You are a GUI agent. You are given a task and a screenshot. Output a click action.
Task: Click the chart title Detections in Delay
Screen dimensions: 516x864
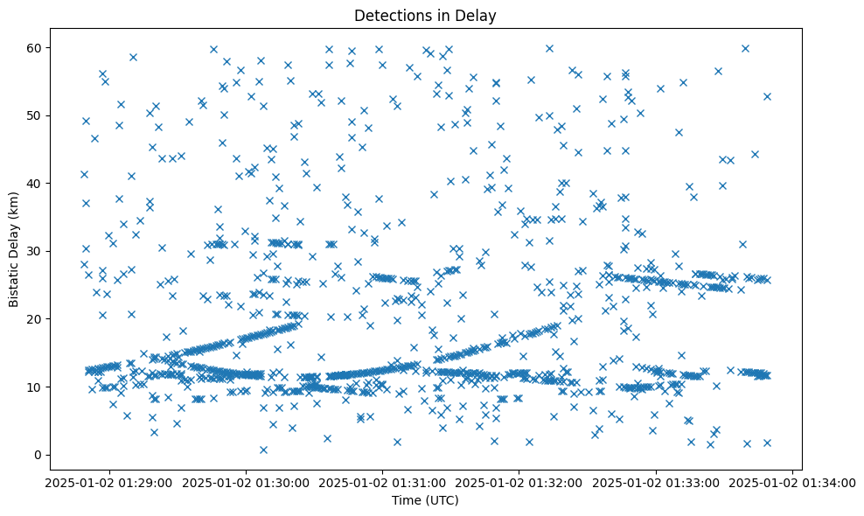click(425, 15)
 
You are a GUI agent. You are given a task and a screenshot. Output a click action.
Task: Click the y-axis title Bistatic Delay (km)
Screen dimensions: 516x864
click(15, 239)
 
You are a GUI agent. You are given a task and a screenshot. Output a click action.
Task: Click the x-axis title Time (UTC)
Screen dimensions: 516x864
click(425, 501)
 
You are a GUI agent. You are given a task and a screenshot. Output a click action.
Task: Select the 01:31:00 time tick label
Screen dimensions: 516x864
click(382, 482)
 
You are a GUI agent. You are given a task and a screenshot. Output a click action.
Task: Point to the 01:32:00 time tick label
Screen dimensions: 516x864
click(519, 482)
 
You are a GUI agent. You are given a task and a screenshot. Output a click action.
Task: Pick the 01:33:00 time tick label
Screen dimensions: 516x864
click(656, 482)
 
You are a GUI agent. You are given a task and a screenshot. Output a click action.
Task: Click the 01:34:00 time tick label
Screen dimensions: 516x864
click(792, 482)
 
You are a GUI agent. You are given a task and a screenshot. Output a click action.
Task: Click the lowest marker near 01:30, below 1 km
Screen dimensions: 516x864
click(263, 450)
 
